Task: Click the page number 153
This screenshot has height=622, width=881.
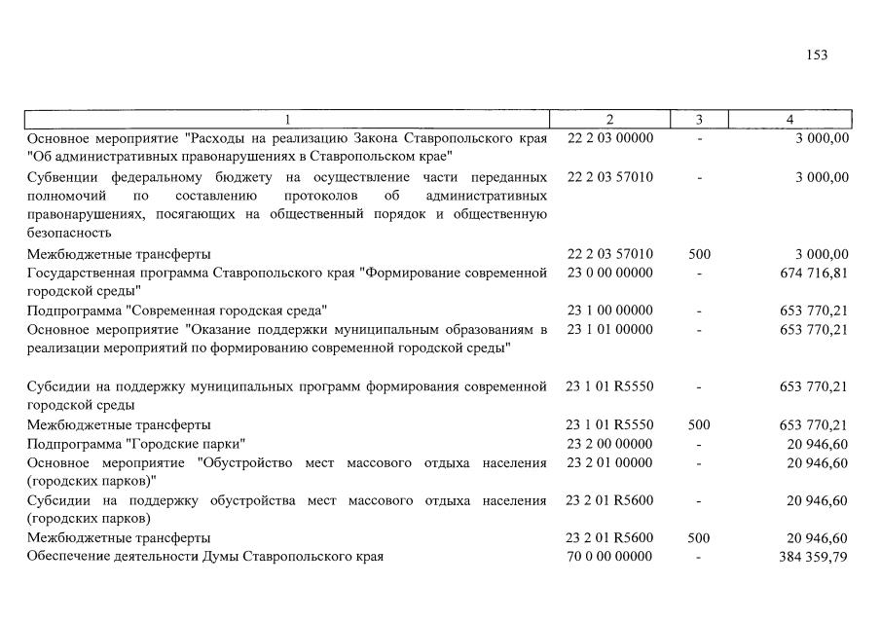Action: [817, 55]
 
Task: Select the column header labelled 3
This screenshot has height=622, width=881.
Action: [699, 120]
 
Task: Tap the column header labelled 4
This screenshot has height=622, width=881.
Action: [789, 120]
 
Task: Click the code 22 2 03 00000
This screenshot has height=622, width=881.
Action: [609, 138]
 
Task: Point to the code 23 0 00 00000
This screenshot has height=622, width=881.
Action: [609, 273]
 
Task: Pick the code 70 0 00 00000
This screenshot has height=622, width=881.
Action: [609, 557]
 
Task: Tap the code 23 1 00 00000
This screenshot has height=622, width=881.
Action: [609, 311]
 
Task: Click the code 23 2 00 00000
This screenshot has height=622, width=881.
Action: [609, 444]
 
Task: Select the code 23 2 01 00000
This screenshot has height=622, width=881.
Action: [609, 462]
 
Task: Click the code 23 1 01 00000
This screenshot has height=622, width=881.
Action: [609, 330]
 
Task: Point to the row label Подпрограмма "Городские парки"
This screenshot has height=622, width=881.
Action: [135, 444]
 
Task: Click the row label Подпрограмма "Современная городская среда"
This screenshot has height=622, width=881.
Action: [175, 311]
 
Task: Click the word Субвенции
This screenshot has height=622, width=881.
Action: [63, 177]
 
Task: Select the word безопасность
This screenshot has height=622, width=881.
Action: [69, 234]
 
